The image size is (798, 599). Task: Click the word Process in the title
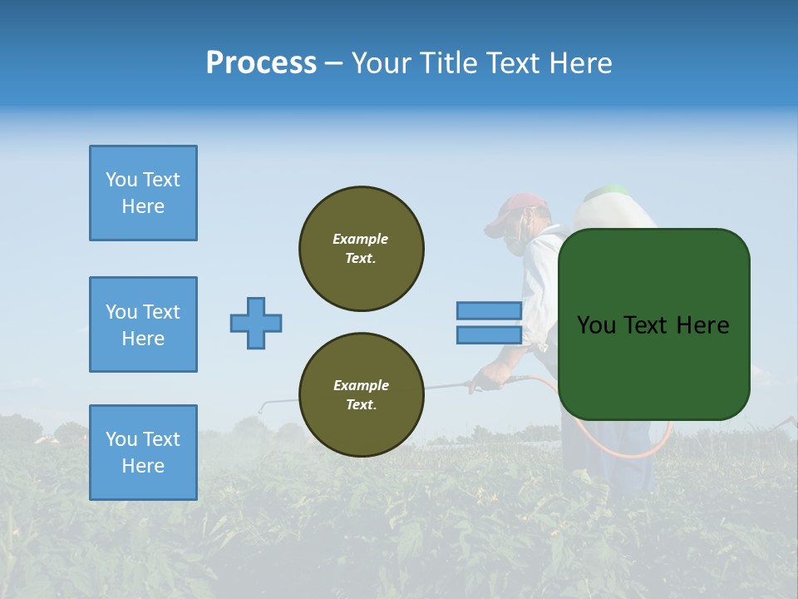[x=261, y=63]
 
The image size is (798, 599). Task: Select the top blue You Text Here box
[x=143, y=193]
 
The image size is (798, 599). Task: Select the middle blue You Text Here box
[x=143, y=324]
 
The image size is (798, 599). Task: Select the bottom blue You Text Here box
[x=143, y=453]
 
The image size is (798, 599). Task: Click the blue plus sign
[x=256, y=323]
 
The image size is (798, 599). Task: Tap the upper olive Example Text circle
[x=362, y=249]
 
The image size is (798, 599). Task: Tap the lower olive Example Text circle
[x=362, y=395]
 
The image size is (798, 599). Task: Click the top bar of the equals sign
[x=489, y=310]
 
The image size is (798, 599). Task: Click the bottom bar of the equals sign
[x=489, y=335]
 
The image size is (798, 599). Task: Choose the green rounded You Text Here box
[x=653, y=324]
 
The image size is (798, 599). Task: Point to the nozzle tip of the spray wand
[x=261, y=408]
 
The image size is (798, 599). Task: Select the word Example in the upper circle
[x=360, y=239]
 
